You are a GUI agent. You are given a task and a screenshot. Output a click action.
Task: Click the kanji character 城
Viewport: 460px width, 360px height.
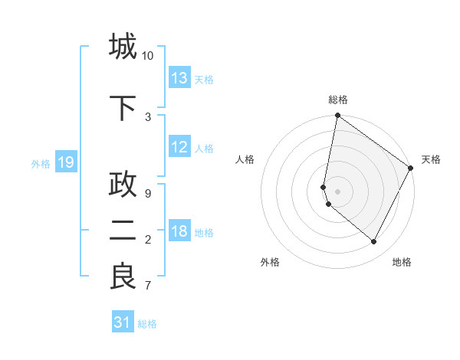tap(123, 47)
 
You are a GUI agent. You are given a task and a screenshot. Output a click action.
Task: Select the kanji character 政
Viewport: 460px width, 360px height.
tap(123, 185)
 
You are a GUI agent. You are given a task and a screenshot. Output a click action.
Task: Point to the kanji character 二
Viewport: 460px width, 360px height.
tap(123, 231)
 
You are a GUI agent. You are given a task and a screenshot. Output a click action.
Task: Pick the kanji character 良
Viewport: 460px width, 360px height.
tap(123, 277)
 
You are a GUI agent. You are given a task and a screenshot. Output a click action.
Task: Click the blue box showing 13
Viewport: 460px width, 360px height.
tap(179, 78)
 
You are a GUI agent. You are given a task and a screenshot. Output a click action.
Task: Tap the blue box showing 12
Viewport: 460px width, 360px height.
tap(179, 147)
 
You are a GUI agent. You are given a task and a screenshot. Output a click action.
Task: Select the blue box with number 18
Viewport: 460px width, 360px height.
tap(179, 232)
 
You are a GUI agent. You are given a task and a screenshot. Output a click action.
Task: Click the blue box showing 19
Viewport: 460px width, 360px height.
tap(66, 162)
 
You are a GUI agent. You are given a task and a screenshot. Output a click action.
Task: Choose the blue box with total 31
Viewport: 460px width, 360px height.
tap(123, 323)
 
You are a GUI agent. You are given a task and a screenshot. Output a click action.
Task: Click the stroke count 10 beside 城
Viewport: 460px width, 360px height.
tap(147, 56)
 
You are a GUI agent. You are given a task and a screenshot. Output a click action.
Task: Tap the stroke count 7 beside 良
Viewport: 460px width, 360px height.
tap(147, 286)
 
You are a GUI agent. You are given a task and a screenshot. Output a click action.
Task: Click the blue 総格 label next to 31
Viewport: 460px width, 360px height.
tap(147, 324)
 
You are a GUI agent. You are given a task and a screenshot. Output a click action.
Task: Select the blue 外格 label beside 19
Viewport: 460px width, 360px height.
tap(41, 163)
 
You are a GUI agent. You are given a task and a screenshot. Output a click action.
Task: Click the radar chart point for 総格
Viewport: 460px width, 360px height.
tap(337, 116)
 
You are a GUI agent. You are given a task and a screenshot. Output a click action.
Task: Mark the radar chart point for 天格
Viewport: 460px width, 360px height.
tap(411, 169)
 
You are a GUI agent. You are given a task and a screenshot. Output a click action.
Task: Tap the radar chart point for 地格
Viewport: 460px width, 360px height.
tap(374, 242)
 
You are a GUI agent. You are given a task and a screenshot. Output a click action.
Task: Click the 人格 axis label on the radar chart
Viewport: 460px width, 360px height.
tap(245, 159)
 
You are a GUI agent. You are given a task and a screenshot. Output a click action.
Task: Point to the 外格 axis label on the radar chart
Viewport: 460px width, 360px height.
tap(270, 262)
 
